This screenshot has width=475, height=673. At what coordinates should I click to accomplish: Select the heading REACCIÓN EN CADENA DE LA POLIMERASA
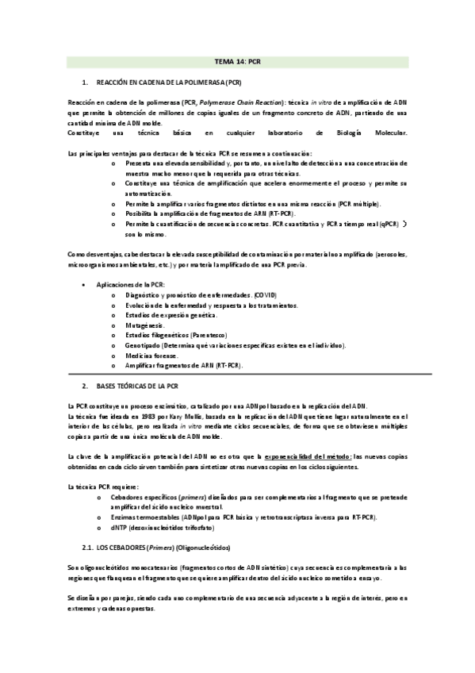[169, 83]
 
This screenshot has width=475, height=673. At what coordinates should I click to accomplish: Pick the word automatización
[148, 193]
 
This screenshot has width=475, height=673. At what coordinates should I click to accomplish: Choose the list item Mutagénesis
[146, 325]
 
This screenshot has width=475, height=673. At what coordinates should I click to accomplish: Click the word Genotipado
[143, 345]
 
